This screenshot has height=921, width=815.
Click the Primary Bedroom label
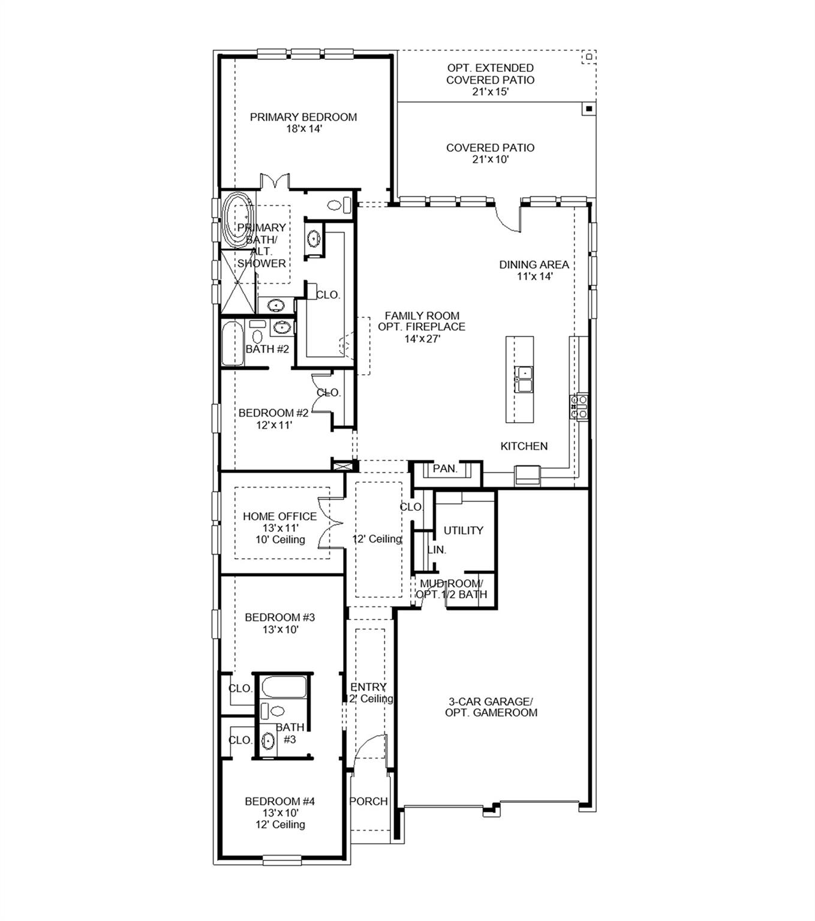point(303,118)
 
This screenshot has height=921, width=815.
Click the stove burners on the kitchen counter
point(579,407)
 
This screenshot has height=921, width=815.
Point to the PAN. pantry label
point(445,468)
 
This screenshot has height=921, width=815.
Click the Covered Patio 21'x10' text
point(490,153)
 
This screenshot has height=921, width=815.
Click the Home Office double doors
point(329,522)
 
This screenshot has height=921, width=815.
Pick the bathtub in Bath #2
point(233,344)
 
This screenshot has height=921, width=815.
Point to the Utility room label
point(463,531)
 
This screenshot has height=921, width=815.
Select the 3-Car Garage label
point(491,707)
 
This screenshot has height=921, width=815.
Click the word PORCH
point(368,801)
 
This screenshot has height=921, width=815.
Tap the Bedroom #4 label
point(279,801)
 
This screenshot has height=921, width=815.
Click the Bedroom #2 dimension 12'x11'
point(273,426)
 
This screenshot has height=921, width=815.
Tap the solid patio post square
point(589,109)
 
